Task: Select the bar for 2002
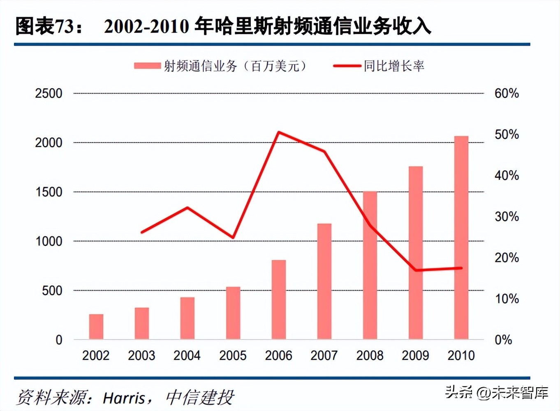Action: tap(96, 327)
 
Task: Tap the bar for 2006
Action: tap(279, 300)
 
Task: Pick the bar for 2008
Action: tap(370, 265)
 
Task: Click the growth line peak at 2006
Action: tap(279, 132)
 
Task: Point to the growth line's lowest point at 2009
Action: tap(416, 270)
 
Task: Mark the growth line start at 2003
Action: tap(142, 232)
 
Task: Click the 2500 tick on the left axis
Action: tap(49, 93)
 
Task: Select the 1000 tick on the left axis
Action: tap(49, 241)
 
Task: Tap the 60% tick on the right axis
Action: tap(507, 93)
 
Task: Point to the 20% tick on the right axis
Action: tap(507, 258)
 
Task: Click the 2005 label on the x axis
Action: tap(233, 356)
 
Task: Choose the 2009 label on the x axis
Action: tap(415, 356)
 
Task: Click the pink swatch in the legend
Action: tap(147, 66)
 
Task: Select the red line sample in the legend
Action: tap(347, 66)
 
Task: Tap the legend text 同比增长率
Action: tap(394, 66)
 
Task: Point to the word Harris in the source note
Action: tap(124, 398)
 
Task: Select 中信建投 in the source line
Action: tap(200, 398)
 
